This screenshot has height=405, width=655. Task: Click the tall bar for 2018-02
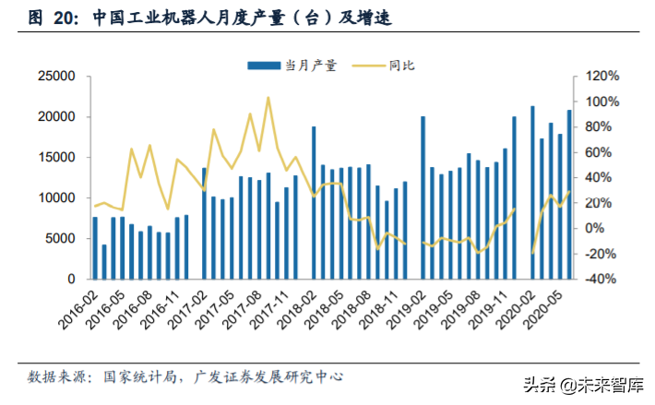314,203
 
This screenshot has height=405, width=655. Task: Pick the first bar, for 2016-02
95,247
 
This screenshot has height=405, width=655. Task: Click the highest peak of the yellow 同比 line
268,97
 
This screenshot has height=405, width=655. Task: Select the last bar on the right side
569,194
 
